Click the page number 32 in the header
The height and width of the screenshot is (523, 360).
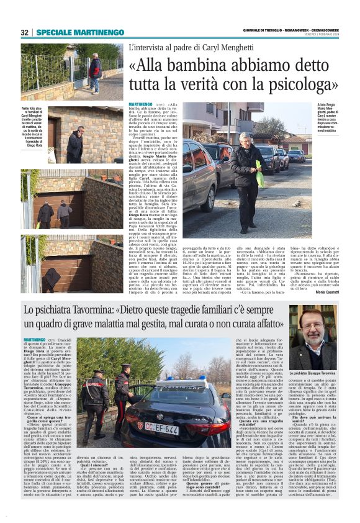pyautogui.click(x=24, y=32)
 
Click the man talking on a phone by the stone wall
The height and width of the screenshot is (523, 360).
pyautogui.click(x=76, y=143)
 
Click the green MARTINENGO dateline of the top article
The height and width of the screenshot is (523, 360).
pyautogui.click(x=142, y=104)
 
